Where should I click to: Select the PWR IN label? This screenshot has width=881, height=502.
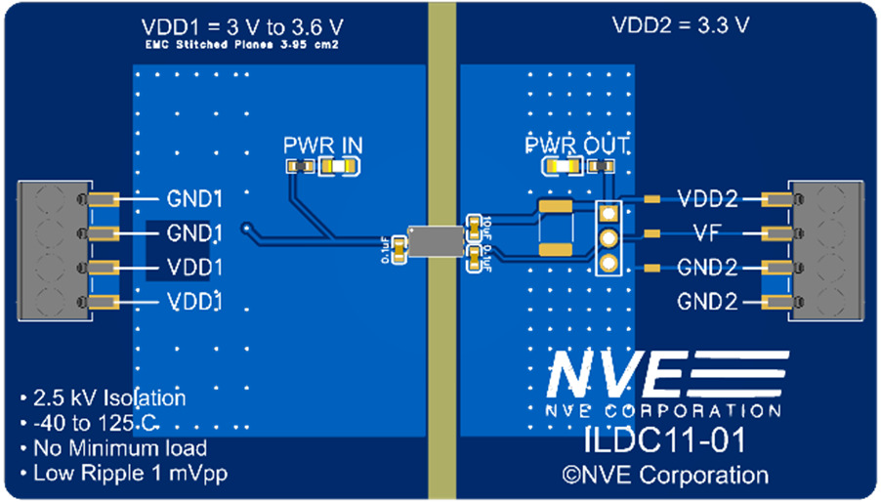[x=322, y=146]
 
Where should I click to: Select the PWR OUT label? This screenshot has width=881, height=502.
[x=576, y=146]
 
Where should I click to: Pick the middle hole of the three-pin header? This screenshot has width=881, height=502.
[x=607, y=237]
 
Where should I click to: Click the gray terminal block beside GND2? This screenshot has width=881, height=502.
[x=831, y=250]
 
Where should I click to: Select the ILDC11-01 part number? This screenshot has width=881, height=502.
[x=663, y=439]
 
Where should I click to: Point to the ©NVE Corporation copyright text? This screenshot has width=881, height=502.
[x=663, y=476]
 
